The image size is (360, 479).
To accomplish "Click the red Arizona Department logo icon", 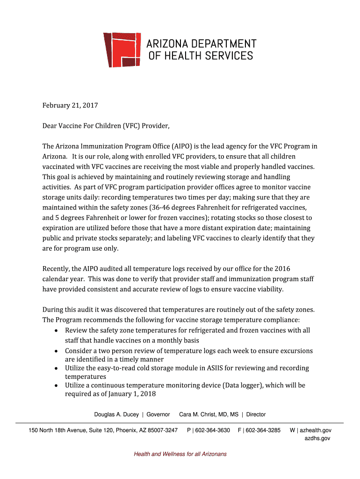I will [122, 50].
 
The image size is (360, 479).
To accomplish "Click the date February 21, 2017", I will [70, 106].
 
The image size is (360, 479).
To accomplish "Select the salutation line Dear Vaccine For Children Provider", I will [106, 126].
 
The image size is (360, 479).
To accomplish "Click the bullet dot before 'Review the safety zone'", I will [56, 330].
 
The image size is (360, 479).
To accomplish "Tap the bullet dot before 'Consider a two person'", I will [56, 351].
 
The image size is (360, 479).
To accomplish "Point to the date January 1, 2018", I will [132, 394].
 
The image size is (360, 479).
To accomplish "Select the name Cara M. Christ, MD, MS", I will [209, 414].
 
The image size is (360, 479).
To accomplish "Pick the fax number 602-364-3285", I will [262, 430].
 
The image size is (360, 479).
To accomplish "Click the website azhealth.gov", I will [316, 430].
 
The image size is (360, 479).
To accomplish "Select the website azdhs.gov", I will [317, 438].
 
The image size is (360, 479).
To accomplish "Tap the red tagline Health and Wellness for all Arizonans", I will [180, 454].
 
